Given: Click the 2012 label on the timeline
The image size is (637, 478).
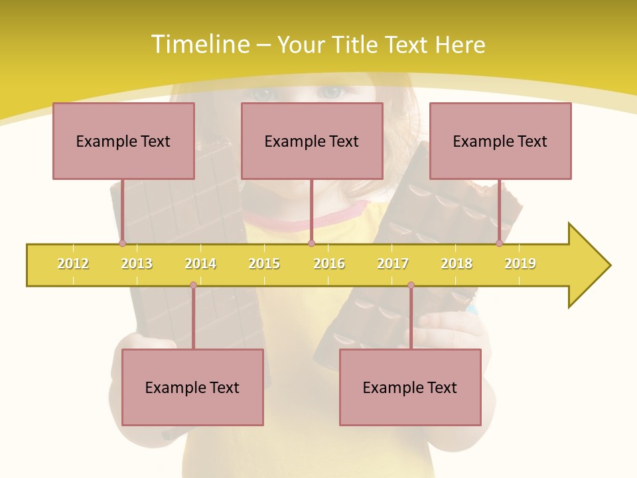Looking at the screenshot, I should coord(73,264).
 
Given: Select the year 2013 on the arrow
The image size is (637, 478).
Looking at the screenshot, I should coord(137,264).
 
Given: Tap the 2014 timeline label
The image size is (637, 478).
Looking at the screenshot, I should coord(200,264).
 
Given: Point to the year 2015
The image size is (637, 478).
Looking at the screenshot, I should coord(264,264).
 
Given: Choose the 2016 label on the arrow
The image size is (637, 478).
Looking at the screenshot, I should coord(329,264).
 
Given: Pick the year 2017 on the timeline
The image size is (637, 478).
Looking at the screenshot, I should coord(393,264).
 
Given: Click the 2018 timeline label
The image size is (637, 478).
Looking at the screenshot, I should coord(457,264).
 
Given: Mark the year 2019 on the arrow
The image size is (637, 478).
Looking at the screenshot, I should coord(520,264).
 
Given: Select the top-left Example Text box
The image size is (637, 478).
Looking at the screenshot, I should coord(123,141).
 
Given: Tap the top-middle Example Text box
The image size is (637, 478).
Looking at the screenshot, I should coord(312,141).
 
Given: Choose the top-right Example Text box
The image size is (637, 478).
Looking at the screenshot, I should coord(500,141).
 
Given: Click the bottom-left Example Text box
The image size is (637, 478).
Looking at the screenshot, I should coord(192,387).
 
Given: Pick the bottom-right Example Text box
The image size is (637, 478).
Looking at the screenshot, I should coord(410,387).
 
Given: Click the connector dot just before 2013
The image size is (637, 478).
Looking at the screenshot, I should coord(122,244).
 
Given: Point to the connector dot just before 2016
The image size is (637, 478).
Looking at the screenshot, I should coord(311,244).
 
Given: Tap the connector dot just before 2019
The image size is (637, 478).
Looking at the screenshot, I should coord(499,244).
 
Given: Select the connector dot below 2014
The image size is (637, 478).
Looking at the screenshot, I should coord(193,285).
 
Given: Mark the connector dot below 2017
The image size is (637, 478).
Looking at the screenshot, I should coord(411,285).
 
